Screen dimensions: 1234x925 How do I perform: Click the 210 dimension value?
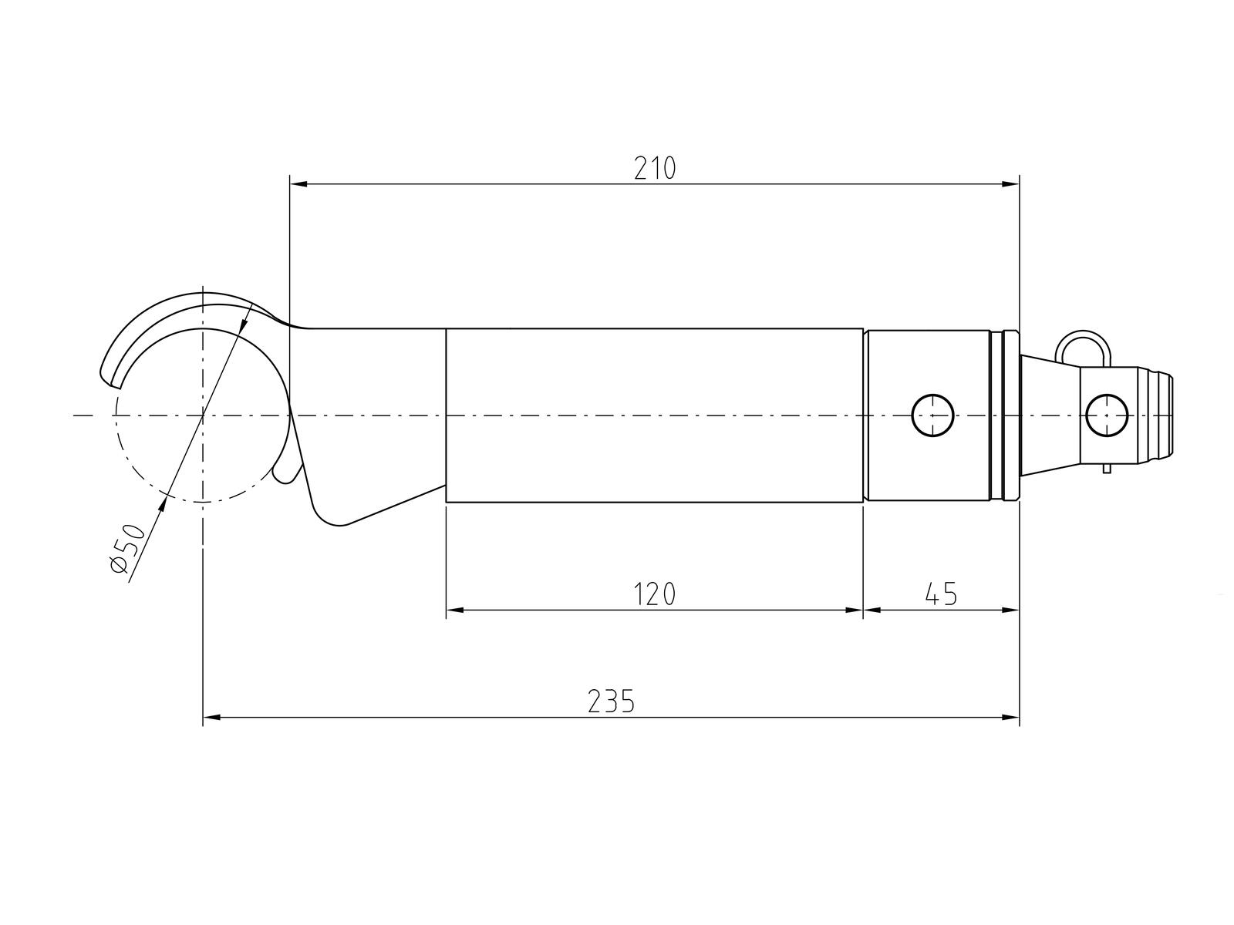click(654, 169)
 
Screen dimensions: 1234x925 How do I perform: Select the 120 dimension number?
click(654, 594)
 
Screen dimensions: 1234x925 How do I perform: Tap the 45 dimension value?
click(940, 594)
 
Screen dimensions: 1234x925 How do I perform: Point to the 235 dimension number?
click(611, 701)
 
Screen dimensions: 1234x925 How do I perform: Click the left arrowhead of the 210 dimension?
click(298, 183)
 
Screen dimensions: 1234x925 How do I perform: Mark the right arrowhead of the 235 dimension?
click(1010, 717)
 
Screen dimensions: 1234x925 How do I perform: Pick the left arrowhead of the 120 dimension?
click(455, 610)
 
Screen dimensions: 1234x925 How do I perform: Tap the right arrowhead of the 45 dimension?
click(1010, 610)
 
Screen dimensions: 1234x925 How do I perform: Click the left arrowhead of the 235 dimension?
click(212, 717)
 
